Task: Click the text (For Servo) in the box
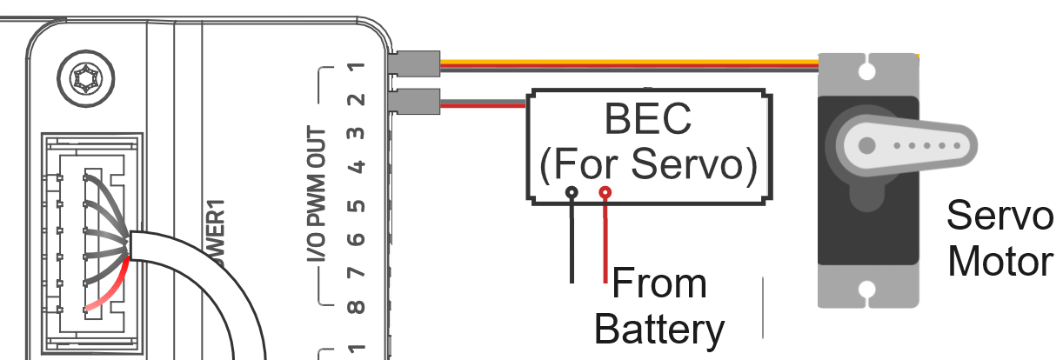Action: pyautogui.click(x=648, y=163)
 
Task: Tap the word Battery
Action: pyautogui.click(x=659, y=330)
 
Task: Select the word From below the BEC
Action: pyautogui.click(x=659, y=284)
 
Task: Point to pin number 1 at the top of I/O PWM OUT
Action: pyautogui.click(x=355, y=67)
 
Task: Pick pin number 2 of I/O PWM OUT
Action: pyautogui.click(x=355, y=100)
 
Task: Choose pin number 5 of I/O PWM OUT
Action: pyautogui.click(x=355, y=205)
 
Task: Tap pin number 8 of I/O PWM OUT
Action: pyautogui.click(x=355, y=306)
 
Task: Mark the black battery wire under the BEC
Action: pyautogui.click(x=572, y=239)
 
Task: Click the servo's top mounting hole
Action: pyautogui.click(x=866, y=66)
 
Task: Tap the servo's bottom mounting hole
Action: pyautogui.click(x=866, y=290)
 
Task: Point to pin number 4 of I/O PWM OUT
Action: pyautogui.click(x=355, y=165)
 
